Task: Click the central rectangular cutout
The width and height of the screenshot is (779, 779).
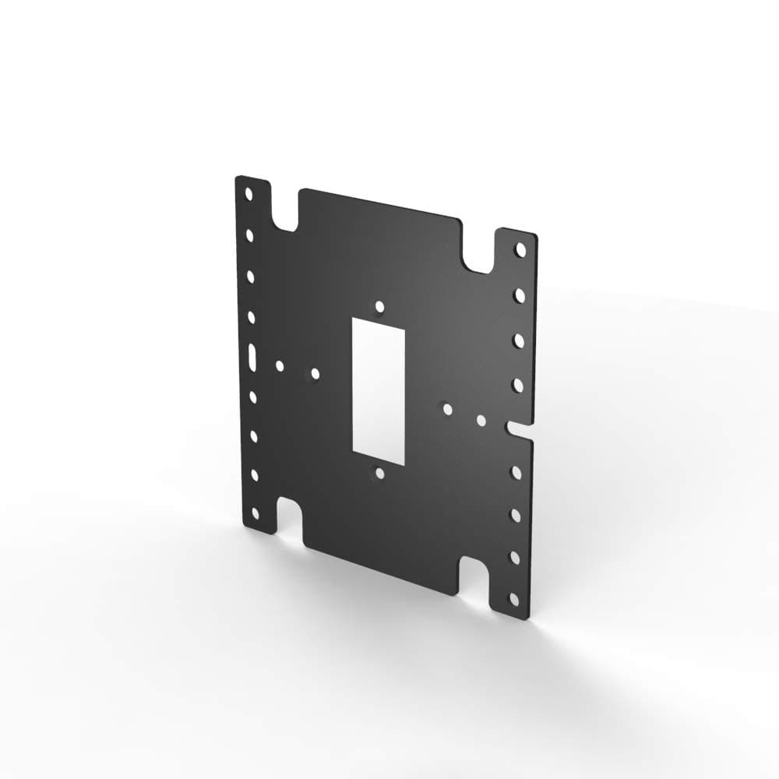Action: [x=379, y=392]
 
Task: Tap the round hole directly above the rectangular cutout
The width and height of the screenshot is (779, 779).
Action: [x=379, y=307]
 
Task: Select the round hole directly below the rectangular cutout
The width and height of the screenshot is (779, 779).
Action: [x=379, y=473]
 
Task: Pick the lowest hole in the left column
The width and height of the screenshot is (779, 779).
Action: [x=255, y=514]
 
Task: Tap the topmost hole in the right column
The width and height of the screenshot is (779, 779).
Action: [x=520, y=250]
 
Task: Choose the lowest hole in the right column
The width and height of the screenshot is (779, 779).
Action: [x=513, y=598]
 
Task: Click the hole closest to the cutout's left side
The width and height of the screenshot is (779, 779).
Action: [x=315, y=374]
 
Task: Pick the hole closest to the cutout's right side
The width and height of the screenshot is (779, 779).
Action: [x=447, y=408]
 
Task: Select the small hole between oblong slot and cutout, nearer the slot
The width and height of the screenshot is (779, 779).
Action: [x=280, y=365]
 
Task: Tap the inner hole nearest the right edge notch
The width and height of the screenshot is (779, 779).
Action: [x=481, y=421]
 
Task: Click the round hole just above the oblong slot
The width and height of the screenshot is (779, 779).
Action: [x=252, y=316]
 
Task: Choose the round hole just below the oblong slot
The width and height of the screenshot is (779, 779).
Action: [x=253, y=397]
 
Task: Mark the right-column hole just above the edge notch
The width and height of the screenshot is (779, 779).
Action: [x=517, y=385]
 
